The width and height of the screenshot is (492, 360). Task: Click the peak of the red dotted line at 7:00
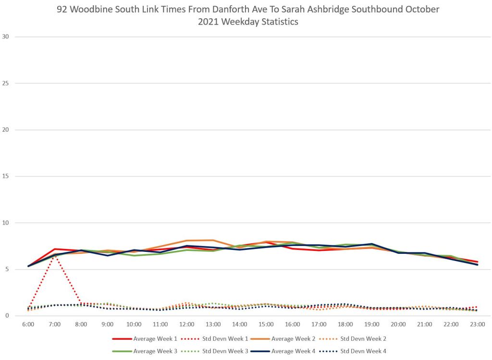[x=55, y=256]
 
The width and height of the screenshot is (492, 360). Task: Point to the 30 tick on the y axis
[x=6, y=37]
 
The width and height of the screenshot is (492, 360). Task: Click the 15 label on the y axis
[x=6, y=176]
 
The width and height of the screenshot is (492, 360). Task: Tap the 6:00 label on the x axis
[x=28, y=324]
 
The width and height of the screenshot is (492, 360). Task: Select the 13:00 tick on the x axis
[x=213, y=324]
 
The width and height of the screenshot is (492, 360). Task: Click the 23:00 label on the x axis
[x=477, y=324]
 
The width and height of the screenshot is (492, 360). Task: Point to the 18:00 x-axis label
[x=345, y=324]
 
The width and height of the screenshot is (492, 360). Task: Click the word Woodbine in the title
[x=93, y=10]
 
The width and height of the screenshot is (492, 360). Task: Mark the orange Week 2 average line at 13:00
[x=213, y=240]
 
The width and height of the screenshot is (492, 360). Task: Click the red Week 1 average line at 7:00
[x=55, y=249]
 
